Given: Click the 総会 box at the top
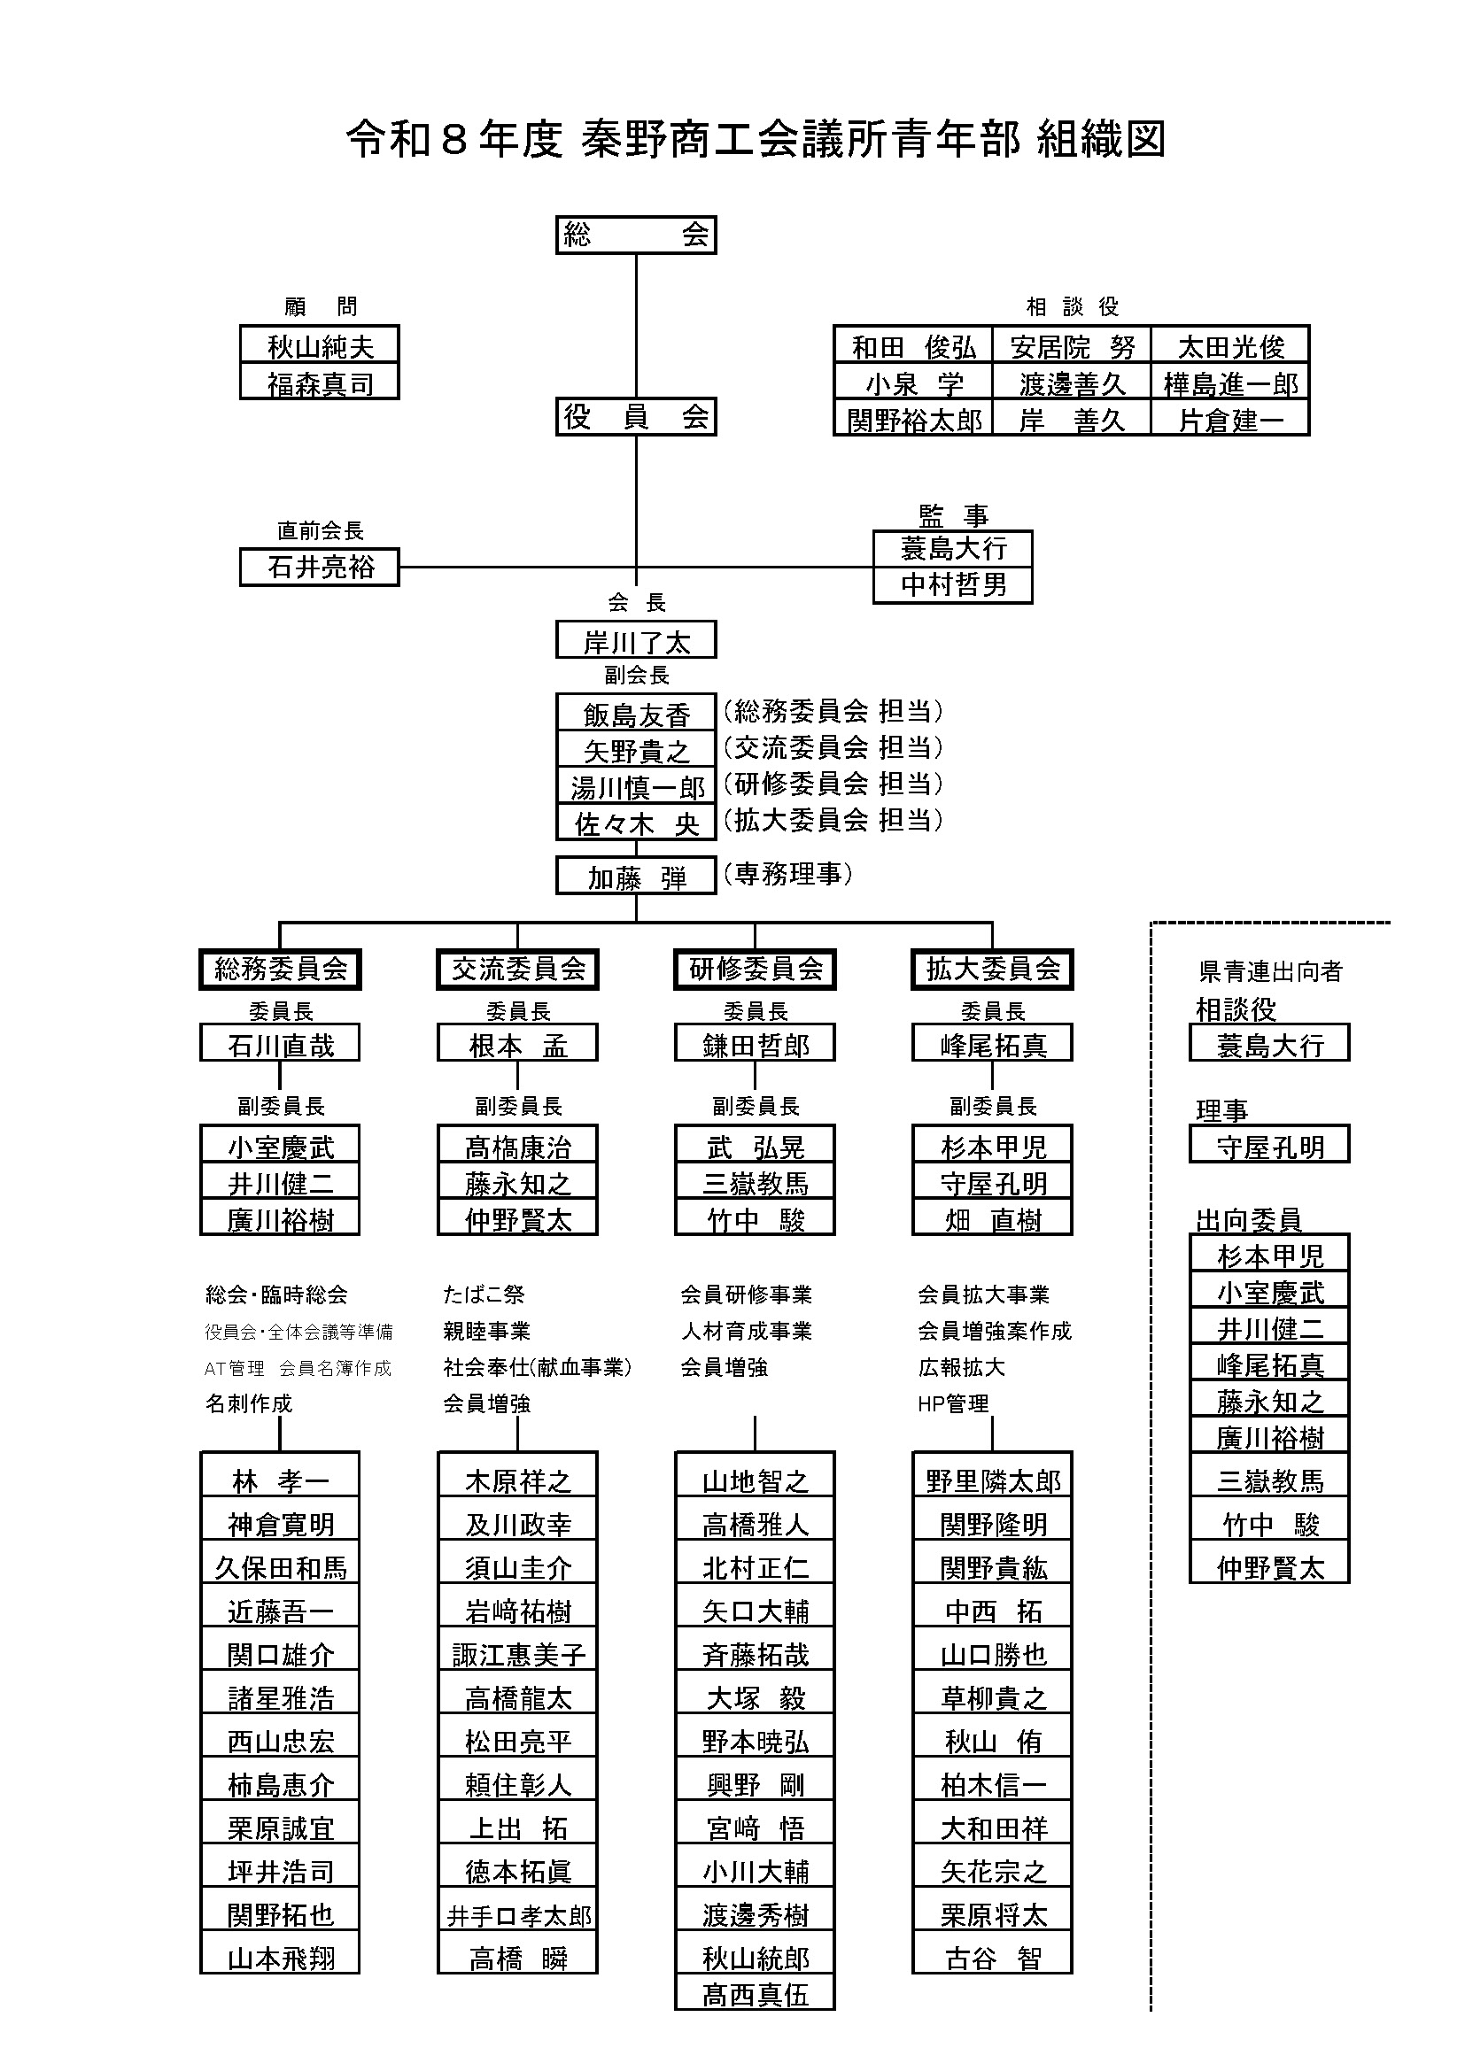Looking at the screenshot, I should pos(635,236).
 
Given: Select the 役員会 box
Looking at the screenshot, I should pos(635,417).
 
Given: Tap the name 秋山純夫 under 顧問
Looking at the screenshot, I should pos(320,346).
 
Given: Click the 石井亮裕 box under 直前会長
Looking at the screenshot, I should pos(320,568).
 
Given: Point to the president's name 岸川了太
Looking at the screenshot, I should pos(635,641).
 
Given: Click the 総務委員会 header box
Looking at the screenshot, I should pos(280,969).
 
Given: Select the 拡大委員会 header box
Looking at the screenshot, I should pos(992,969).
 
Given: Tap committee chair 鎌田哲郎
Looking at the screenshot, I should pos(755,1045).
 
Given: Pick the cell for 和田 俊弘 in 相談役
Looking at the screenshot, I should pos(913,346).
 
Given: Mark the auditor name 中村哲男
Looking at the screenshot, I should pos(953,585).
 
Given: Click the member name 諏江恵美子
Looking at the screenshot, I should pos(518,1654).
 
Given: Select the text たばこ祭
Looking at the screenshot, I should pos(484,1294).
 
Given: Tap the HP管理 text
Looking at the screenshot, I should pos(953,1403).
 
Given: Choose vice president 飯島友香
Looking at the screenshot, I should pos(635,715).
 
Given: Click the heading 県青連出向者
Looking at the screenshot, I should pos(1270,971).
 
